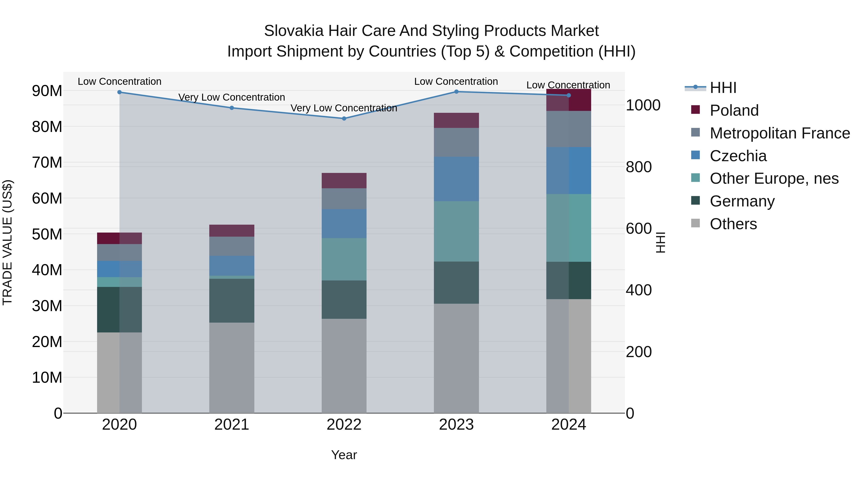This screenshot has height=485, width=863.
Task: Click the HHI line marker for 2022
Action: pos(344,119)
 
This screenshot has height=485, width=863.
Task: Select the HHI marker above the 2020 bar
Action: pos(120,92)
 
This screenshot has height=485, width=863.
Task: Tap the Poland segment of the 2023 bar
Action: pos(456,120)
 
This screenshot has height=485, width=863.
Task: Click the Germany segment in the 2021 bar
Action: pos(232,301)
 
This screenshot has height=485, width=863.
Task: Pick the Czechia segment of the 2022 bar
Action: pos(344,224)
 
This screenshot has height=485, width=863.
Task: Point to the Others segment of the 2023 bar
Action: pos(456,358)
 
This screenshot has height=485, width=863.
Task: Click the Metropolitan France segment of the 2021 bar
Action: pos(232,246)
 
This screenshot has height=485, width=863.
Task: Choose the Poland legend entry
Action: pos(734,110)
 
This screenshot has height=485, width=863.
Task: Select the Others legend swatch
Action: pos(695,223)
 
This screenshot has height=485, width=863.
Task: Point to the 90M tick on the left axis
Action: pos(47,91)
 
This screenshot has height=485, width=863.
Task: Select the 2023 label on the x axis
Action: pos(456,425)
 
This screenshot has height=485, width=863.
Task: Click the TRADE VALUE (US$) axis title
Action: pos(7,242)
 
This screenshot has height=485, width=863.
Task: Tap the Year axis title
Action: pos(344,455)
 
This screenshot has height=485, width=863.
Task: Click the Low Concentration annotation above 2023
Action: pos(456,81)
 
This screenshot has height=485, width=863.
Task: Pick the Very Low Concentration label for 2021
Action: pos(232,97)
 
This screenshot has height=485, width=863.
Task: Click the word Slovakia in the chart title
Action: pos(293,31)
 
